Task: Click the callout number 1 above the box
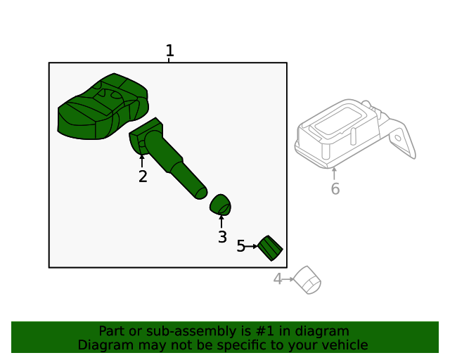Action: click(x=170, y=51)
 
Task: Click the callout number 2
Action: click(x=143, y=176)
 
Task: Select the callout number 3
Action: click(x=222, y=237)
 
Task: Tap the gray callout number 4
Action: click(x=278, y=278)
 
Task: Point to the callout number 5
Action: click(x=240, y=246)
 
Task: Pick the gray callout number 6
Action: click(x=335, y=188)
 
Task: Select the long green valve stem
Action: click(x=169, y=158)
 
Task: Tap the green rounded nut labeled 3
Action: click(x=220, y=205)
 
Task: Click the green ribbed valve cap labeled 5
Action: click(x=270, y=248)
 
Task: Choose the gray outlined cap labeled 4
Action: click(x=307, y=280)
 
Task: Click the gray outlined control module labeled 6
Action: click(x=355, y=134)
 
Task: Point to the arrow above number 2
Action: click(x=142, y=161)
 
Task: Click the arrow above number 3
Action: click(x=221, y=221)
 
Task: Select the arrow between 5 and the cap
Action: click(x=252, y=246)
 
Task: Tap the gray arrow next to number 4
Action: click(x=288, y=279)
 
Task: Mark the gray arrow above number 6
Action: click(x=334, y=174)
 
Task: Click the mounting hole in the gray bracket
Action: click(x=398, y=138)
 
